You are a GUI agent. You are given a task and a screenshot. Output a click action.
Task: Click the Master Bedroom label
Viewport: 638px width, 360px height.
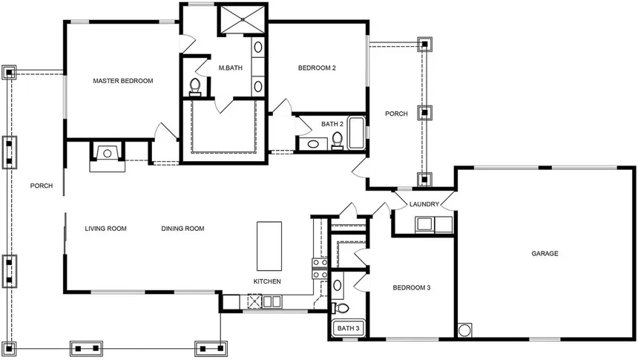pos(122,80)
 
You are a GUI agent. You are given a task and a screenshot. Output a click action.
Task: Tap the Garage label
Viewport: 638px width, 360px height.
pos(545,253)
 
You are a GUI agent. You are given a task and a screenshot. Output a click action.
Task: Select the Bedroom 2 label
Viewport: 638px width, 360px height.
pos(317,68)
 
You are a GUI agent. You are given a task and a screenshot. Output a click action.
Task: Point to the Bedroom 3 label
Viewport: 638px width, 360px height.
pos(412,287)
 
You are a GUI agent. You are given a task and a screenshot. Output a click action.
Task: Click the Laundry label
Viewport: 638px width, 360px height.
pos(424,204)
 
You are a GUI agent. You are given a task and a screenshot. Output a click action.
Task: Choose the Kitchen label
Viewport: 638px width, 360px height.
pos(266,281)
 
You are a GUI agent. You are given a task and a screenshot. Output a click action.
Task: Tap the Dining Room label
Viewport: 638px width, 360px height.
pos(182,229)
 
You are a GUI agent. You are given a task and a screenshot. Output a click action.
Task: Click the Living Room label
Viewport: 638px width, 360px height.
pos(105,229)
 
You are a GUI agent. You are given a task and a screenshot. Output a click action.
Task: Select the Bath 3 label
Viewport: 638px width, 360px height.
pos(348,328)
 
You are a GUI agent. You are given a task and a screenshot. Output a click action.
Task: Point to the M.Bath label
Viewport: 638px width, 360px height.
pos(231,68)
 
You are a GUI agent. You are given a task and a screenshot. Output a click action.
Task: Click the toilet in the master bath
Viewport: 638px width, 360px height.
pos(196,87)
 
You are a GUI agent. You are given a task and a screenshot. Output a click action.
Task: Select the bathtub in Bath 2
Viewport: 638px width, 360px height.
pos(357,132)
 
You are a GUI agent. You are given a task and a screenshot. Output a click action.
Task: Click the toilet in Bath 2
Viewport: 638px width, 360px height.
pos(338,139)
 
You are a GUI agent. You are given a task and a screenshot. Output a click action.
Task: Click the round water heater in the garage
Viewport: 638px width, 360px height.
pos(465,329)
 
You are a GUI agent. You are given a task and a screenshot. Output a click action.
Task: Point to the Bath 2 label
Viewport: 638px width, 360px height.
pos(332,124)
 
